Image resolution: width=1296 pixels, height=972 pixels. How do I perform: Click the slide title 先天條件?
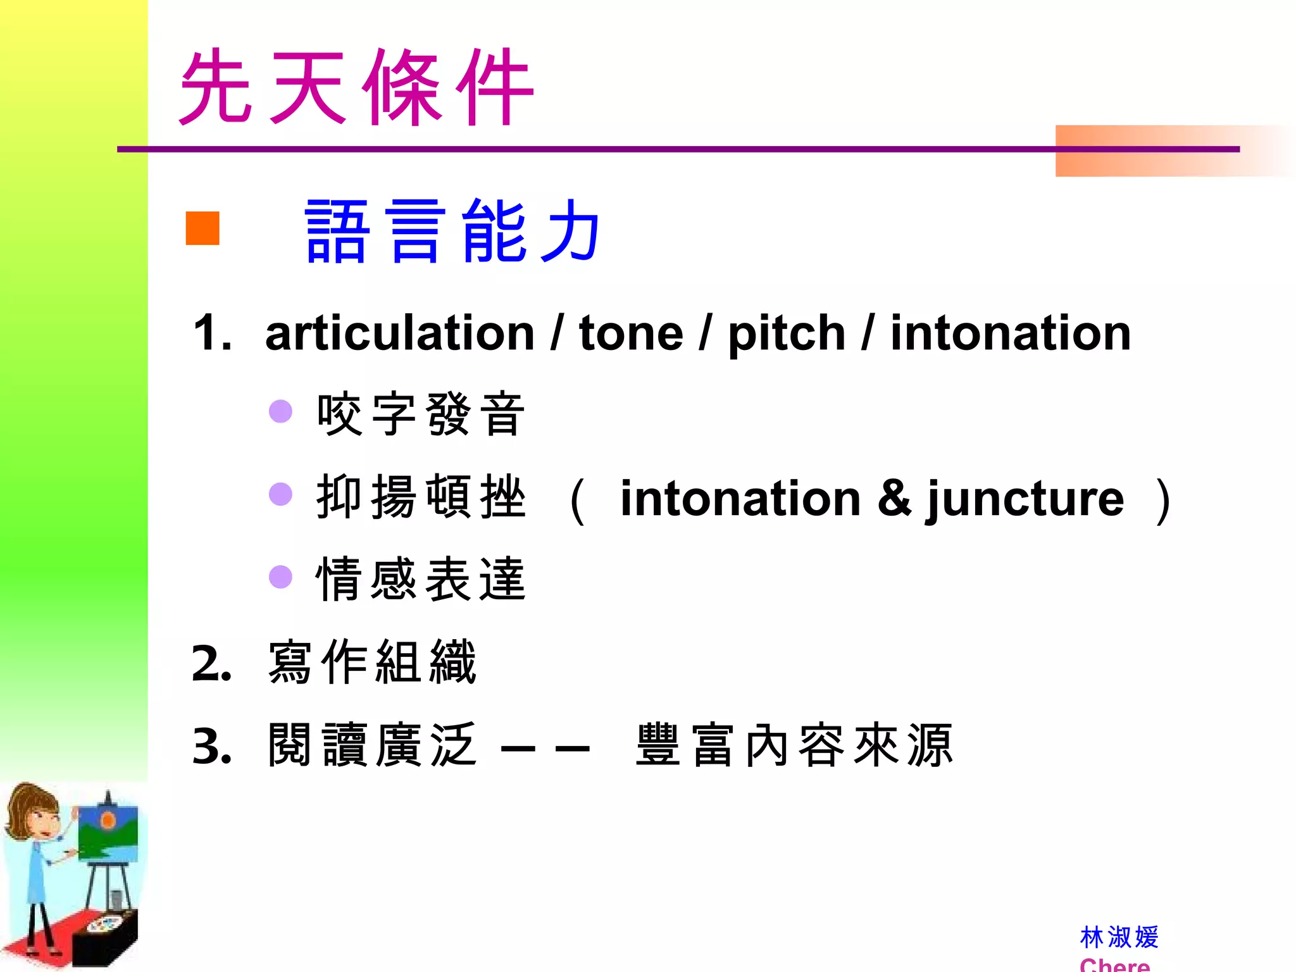pyautogui.click(x=356, y=87)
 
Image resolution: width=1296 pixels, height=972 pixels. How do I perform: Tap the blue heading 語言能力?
pyautogui.click(x=452, y=230)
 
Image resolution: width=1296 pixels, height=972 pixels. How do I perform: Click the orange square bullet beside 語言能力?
pyautogui.click(x=202, y=228)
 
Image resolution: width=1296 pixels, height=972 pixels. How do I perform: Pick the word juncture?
pyautogui.click(x=1025, y=499)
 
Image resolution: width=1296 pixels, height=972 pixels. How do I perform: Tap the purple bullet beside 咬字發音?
pyautogui.click(x=280, y=411)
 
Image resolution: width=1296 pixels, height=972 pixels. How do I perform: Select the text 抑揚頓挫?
pyautogui.click(x=421, y=497)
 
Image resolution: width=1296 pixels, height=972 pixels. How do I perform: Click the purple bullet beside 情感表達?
pyautogui.click(x=280, y=577)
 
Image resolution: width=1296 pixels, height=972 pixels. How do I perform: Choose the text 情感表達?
pyautogui.click(x=421, y=580)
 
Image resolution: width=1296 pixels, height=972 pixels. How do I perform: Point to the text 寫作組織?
pyautogui.click(x=372, y=663)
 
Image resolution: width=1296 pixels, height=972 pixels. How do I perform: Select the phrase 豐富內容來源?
pyautogui.click(x=794, y=745)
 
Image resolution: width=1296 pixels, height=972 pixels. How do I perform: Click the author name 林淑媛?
pyautogui.click(x=1119, y=937)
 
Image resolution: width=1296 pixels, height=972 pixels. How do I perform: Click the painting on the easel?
pyautogui.click(x=108, y=832)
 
